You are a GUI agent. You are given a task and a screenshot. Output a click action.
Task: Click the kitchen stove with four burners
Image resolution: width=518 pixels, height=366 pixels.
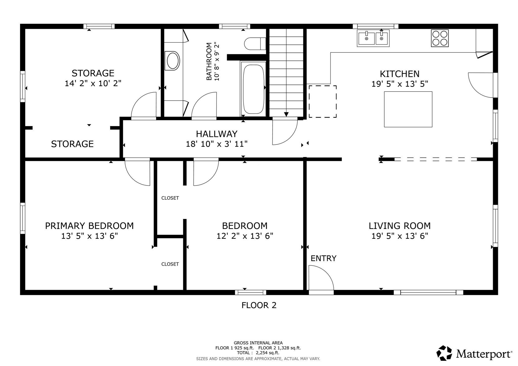coord(440,38)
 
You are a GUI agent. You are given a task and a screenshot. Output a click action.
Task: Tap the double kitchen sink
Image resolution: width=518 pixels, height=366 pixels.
coord(373,38)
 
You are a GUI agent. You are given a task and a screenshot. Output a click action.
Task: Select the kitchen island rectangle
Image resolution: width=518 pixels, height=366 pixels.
coord(408,109)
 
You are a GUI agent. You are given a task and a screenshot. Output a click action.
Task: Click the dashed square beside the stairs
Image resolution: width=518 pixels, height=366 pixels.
coord(322,101)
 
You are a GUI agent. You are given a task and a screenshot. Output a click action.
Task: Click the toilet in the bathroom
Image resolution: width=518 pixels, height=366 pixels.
coord(254,44)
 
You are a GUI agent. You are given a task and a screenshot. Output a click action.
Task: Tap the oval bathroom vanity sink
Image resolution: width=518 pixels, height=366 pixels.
coord(172,61)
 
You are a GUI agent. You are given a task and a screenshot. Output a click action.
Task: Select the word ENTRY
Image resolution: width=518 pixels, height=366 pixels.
coord(323,258)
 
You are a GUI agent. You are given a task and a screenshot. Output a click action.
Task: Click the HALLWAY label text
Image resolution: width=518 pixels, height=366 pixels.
coord(217,134)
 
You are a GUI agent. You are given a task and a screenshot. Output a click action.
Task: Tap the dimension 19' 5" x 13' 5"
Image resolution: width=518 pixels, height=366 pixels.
coord(400,84)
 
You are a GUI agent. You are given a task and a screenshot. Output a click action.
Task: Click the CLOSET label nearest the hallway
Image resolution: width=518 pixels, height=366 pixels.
coord(170,198)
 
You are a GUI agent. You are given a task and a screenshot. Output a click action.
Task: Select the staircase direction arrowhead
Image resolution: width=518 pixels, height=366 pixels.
coord(286,114)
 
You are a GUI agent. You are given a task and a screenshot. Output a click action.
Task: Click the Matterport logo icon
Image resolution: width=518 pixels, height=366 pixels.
coord(444,353)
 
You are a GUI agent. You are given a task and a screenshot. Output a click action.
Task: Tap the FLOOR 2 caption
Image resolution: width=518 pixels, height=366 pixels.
coord(259,305)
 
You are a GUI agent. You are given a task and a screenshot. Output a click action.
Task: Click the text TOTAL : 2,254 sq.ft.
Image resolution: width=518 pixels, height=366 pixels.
coord(258,353)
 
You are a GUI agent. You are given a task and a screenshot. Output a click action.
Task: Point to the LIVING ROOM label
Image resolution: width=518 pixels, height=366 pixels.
coord(399,226)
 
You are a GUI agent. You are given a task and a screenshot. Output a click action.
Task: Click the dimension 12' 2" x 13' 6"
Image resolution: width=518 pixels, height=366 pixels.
coord(245,236)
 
